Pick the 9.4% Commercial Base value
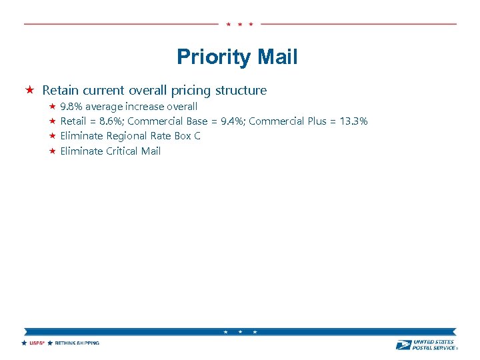pyautogui.click(x=231, y=121)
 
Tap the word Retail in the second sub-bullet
pyautogui.click(x=73, y=121)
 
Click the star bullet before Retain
pyautogui.click(x=30, y=90)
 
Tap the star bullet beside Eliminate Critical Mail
pyautogui.click(x=51, y=151)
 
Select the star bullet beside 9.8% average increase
pyautogui.click(x=51, y=107)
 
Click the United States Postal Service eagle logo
pyautogui.click(x=403, y=345)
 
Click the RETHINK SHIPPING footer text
pyautogui.click(x=77, y=343)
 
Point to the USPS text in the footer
pyautogui.click(x=36, y=343)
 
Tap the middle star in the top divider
pyautogui.click(x=240, y=24)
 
